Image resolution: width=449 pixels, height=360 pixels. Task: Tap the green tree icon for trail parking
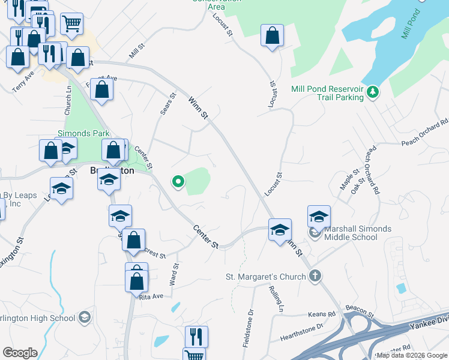(x=373, y=91)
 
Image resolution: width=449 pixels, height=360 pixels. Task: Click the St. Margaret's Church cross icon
(x=315, y=277)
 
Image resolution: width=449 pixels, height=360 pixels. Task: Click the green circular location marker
(x=178, y=181)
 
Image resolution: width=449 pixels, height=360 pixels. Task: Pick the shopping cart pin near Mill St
(x=71, y=24)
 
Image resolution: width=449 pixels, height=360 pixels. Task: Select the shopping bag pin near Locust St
(x=273, y=35)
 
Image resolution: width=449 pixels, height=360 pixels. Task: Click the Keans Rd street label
(x=322, y=314)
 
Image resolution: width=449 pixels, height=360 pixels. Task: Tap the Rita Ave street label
(x=151, y=296)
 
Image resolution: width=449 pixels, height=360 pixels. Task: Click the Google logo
(x=20, y=353)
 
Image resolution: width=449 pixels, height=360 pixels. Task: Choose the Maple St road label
(x=346, y=179)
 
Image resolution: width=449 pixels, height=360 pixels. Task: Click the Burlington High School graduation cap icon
(x=85, y=317)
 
